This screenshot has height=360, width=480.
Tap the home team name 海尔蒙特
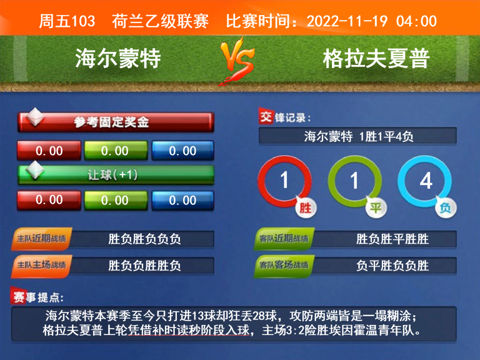[118, 58]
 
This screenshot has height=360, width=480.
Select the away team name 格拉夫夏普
[376, 58]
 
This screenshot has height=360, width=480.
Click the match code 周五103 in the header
[67, 21]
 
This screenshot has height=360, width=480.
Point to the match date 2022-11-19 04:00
[372, 21]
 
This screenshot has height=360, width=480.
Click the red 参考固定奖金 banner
[116, 122]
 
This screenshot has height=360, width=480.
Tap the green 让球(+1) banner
[116, 175]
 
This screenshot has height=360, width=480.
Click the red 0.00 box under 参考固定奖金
[49, 150]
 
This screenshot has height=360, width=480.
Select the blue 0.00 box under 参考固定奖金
[183, 150]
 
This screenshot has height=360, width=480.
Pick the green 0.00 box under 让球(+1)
[116, 200]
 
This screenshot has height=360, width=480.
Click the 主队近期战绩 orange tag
[42, 239]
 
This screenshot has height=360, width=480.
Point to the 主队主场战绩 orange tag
[42, 265]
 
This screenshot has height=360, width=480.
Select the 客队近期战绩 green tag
[284, 239]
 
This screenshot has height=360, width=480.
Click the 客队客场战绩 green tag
[284, 265]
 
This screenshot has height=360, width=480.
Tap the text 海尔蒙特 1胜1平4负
[359, 136]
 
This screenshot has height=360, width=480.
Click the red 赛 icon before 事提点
[18, 296]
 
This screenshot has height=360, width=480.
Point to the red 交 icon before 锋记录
[266, 116]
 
